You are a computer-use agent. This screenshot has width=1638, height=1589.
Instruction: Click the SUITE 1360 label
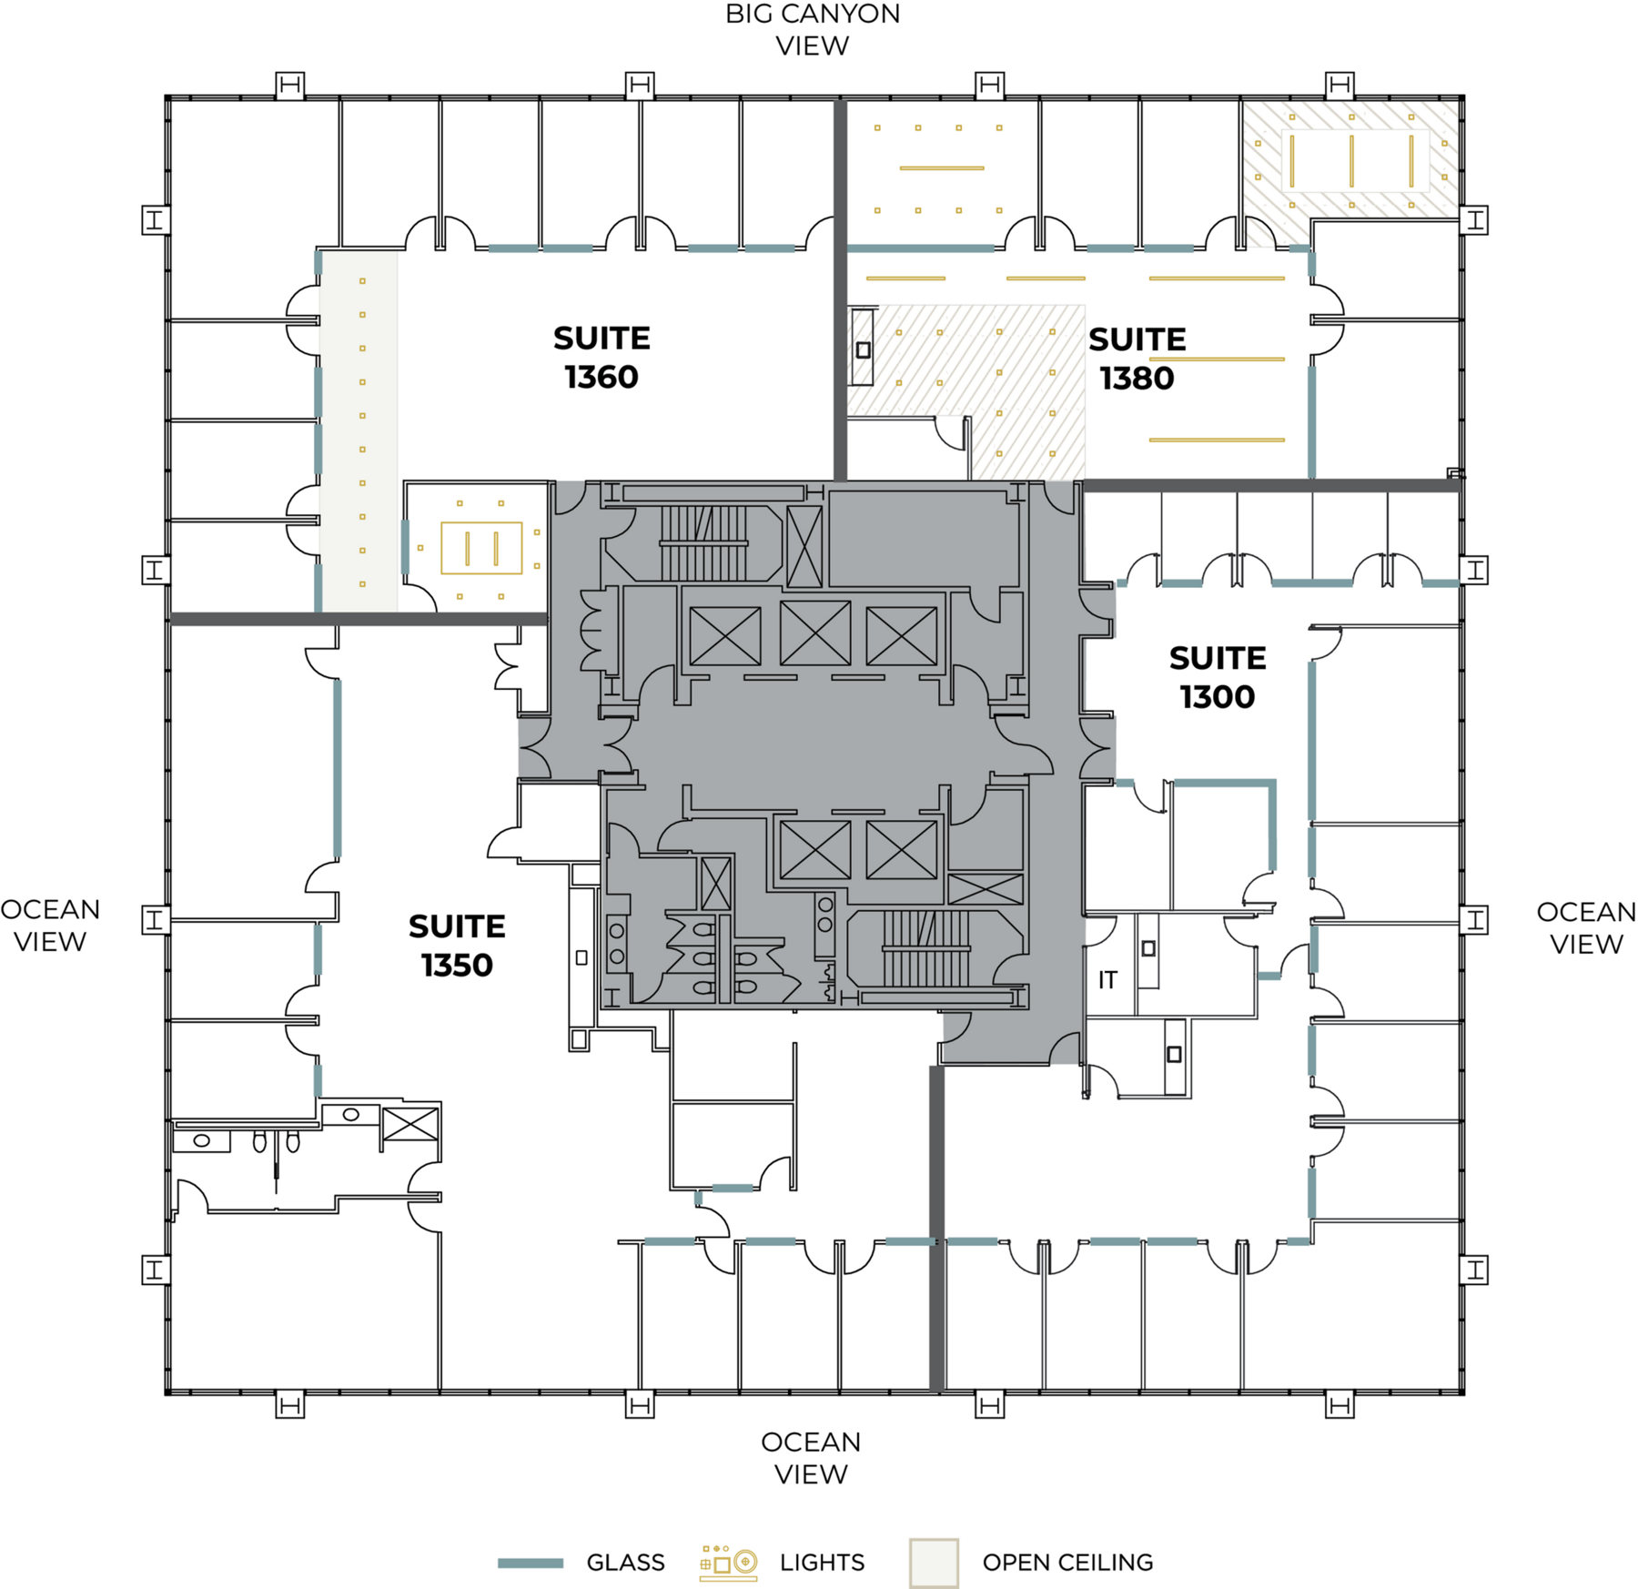pos(602,358)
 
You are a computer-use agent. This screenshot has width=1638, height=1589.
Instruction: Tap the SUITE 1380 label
pos(1137,359)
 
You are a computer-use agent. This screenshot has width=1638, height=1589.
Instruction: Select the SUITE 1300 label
pos(1218,677)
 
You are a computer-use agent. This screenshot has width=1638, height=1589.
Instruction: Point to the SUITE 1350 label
pos(457,946)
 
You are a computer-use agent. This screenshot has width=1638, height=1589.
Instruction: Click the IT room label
pos(1107,980)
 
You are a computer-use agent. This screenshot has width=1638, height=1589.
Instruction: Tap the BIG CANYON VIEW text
pos(812,29)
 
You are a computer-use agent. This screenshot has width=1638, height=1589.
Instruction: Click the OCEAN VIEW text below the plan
pos(811,1458)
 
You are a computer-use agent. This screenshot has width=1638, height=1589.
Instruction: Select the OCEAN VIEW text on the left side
pos(50,926)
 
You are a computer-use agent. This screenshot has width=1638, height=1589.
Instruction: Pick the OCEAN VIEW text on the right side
pos(1586,928)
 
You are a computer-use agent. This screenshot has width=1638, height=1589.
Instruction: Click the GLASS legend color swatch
pos(531,1564)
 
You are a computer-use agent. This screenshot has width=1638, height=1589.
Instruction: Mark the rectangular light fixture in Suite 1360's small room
pos(481,548)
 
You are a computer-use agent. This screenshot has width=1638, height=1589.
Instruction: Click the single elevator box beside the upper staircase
pos(804,547)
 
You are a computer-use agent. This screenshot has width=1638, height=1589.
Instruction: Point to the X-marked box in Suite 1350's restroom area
pos(410,1124)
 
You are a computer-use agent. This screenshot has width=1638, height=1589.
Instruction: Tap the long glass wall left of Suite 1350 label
pos(338,769)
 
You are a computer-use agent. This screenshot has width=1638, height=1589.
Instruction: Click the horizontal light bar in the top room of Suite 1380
pos(942,168)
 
